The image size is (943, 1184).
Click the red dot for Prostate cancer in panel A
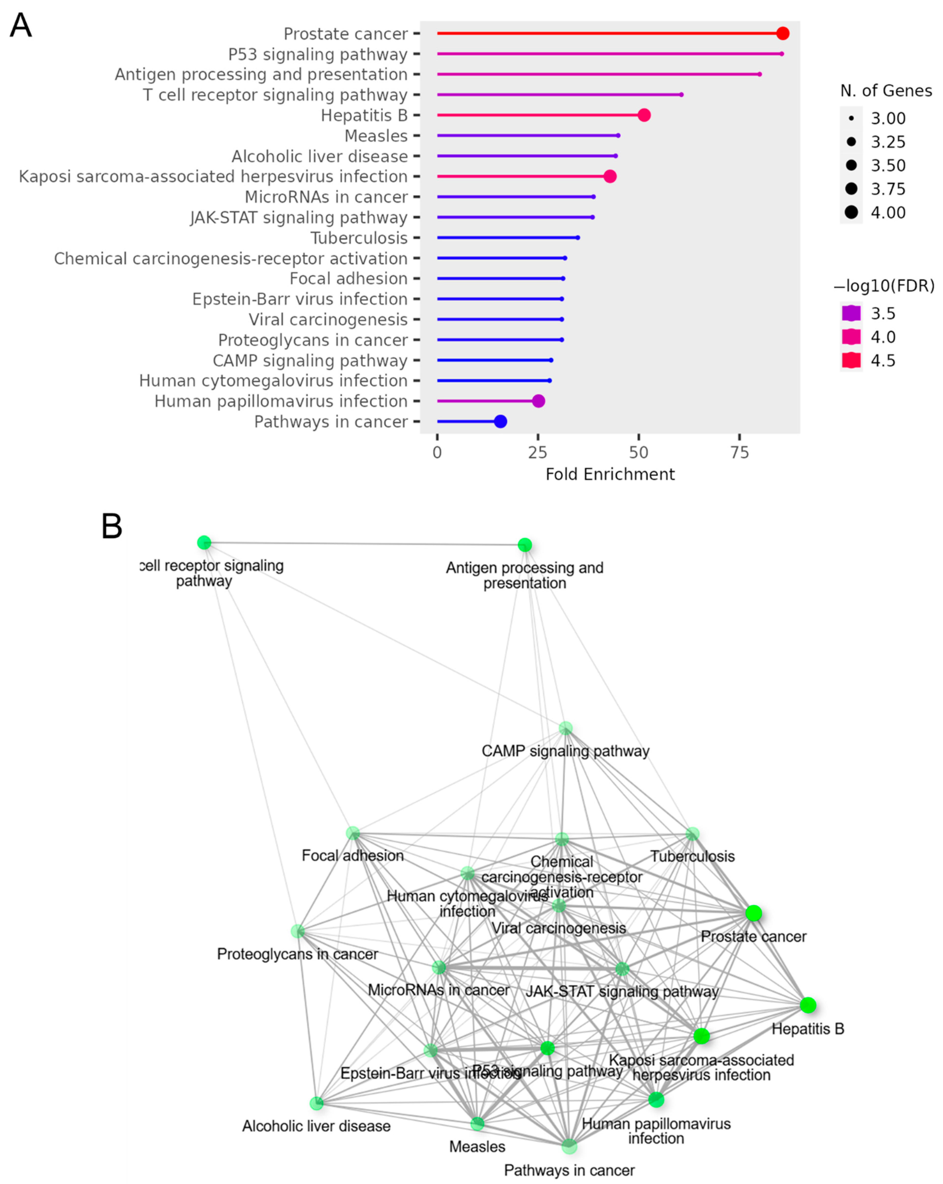click(x=783, y=33)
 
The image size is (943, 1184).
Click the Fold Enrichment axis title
click(x=610, y=474)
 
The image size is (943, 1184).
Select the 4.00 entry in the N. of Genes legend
click(x=851, y=213)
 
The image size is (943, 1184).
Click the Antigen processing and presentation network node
click(x=524, y=545)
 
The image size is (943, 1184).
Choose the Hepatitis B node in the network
click(x=807, y=1005)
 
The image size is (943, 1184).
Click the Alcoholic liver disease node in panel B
click(x=316, y=1103)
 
